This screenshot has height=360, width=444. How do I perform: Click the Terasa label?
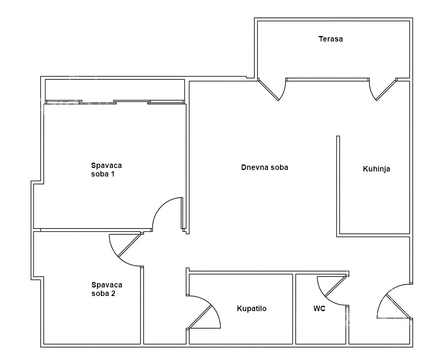[x=330, y=39]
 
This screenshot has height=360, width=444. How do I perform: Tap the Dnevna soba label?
[x=264, y=168]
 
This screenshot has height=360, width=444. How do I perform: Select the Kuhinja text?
[x=376, y=169]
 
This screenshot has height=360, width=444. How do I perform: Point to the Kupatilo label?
[x=251, y=308]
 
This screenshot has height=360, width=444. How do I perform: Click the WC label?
[x=319, y=308]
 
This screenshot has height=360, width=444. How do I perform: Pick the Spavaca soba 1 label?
[x=106, y=170]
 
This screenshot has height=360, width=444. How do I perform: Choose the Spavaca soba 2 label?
[x=107, y=289]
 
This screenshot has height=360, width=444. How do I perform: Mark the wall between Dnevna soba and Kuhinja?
[x=338, y=185]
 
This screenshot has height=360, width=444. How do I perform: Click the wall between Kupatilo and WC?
[x=294, y=309]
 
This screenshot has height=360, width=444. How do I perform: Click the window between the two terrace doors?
[x=327, y=80]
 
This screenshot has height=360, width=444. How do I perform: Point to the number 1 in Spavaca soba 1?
[x=112, y=174]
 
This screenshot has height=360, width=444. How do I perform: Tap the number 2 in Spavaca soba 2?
[x=113, y=293]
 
